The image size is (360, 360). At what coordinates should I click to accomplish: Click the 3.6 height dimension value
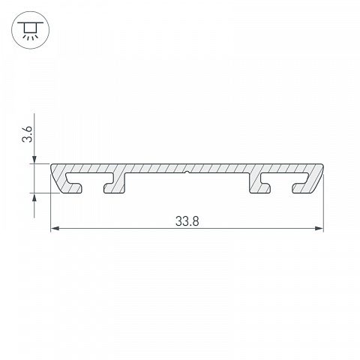pyautogui.click(x=28, y=134)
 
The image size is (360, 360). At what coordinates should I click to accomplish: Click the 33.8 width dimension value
pyautogui.click(x=187, y=221)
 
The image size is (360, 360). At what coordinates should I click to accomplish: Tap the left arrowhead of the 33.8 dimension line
pyautogui.click(x=55, y=228)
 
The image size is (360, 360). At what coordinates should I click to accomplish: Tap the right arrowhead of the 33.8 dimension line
pyautogui.click(x=319, y=228)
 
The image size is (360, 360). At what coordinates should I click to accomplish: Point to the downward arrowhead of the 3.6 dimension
pyautogui.click(x=34, y=160)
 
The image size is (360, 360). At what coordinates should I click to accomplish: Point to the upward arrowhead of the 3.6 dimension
pyautogui.click(x=34, y=197)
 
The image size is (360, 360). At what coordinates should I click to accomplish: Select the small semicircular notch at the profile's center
pyautogui.click(x=187, y=172)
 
